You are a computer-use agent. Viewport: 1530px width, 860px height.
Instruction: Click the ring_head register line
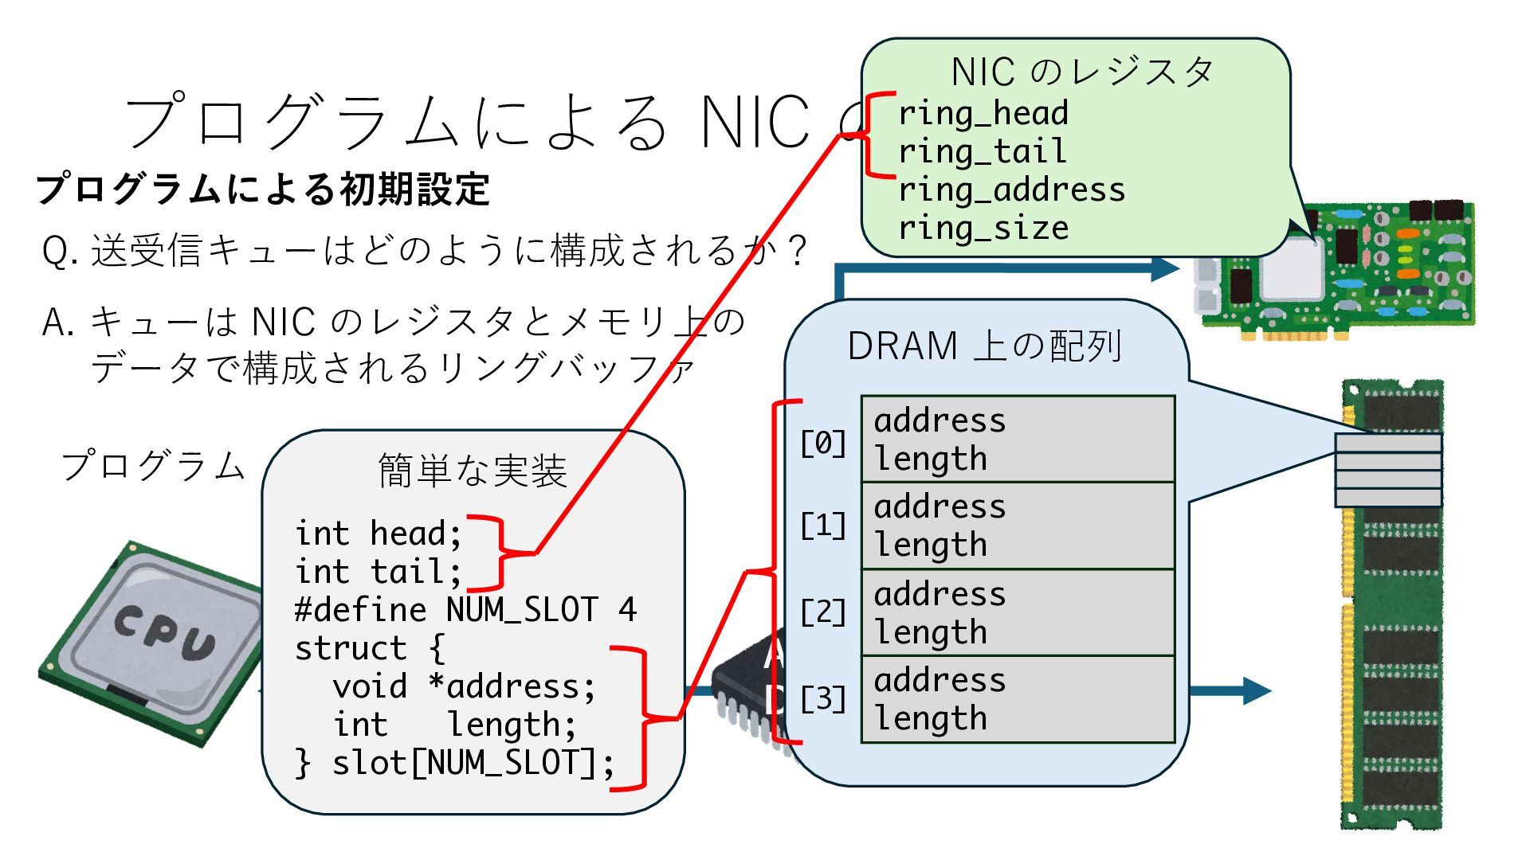point(983,113)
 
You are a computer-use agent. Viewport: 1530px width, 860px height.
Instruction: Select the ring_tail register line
point(982,151)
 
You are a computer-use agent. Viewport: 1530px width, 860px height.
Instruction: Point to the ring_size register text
point(983,228)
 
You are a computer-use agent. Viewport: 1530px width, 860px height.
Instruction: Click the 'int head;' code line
point(378,534)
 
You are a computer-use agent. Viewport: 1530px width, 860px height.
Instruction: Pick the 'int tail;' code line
point(378,572)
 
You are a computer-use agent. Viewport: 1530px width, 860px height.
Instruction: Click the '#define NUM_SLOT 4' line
point(465,610)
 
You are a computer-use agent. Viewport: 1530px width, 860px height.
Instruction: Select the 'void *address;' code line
point(464,686)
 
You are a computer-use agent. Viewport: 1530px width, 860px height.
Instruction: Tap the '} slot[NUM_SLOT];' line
point(454,763)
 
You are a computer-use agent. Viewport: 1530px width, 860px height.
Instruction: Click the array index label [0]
point(823,443)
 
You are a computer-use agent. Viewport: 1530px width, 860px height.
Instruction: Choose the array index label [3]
point(823,699)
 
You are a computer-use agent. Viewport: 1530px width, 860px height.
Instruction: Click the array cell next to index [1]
point(1018,526)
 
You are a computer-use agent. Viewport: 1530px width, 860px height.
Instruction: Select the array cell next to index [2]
point(1018,612)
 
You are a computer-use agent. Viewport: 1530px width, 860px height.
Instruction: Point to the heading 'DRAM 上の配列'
point(985,346)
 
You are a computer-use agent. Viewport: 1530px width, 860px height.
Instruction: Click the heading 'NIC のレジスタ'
point(1082,72)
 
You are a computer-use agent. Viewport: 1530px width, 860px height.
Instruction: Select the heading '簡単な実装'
point(473,471)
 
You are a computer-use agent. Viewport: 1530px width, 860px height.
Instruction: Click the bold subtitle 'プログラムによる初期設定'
point(263,190)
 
